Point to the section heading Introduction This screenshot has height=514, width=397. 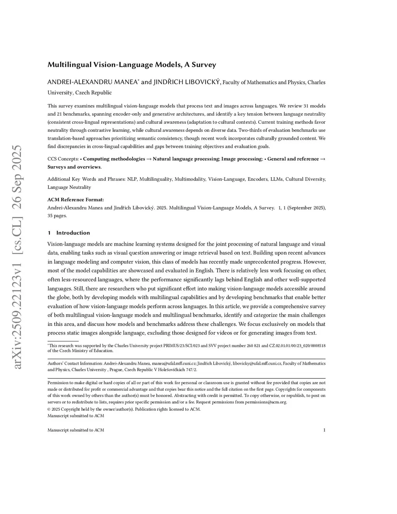[x=73, y=233]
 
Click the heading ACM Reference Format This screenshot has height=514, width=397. [x=76, y=200]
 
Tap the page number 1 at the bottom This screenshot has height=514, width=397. [x=324, y=430]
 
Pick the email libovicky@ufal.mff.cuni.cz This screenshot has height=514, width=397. [x=257, y=363]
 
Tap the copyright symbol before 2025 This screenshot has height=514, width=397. [x=49, y=409]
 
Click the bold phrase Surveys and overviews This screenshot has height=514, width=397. [x=74, y=167]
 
